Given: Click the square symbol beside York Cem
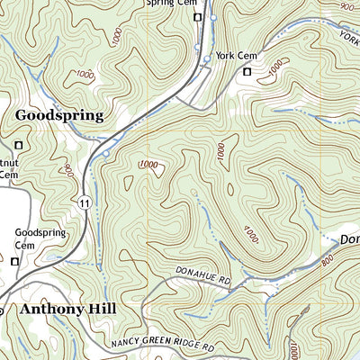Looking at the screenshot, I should click(x=247, y=71).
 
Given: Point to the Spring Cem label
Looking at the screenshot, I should click(x=172, y=4).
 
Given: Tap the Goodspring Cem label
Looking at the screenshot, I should click(x=40, y=238).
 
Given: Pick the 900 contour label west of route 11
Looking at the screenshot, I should click(x=69, y=168).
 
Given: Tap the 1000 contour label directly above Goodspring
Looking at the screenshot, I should click(x=85, y=73).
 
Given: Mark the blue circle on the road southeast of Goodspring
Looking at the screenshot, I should click(x=106, y=154).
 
